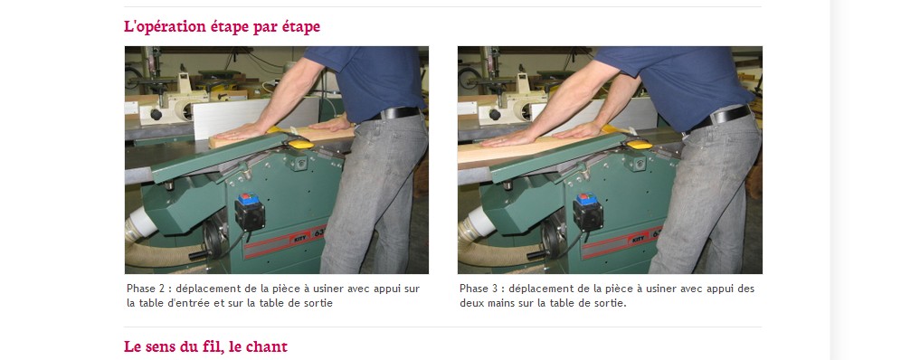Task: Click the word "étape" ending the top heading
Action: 300,27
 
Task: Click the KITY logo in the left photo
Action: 300,238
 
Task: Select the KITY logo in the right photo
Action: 639,238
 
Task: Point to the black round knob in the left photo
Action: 156,114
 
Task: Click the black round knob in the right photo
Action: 494,114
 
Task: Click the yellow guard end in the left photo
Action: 299,143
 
